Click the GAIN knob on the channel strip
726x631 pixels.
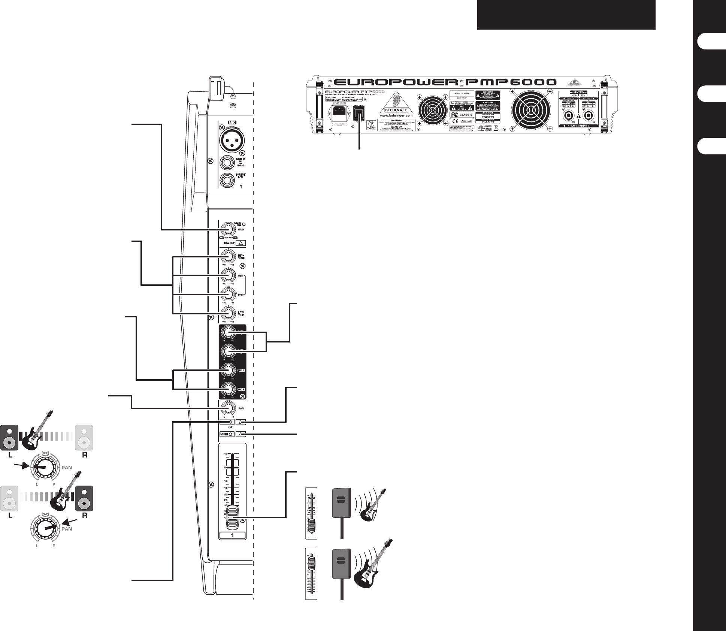pyautogui.click(x=226, y=229)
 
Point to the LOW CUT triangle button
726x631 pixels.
pyautogui.click(x=242, y=243)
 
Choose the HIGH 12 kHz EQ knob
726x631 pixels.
pyautogui.click(x=226, y=257)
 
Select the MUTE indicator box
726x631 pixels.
pyautogui.click(x=227, y=434)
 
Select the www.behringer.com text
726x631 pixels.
pyautogui.click(x=396, y=116)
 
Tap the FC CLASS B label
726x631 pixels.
pyautogui.click(x=462, y=115)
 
